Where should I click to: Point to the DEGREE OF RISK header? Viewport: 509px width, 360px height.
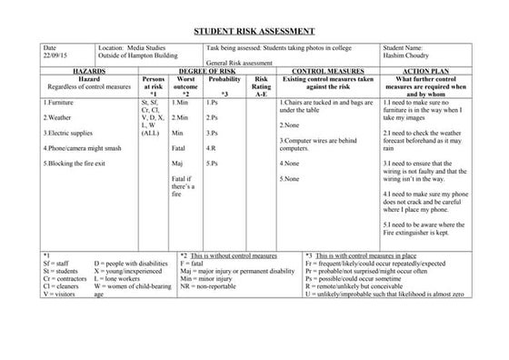pyautogui.click(x=219, y=69)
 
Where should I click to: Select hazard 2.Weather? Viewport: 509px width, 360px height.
pyautogui.click(x=57, y=118)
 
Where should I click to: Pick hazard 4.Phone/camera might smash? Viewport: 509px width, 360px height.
pyautogui.click(x=83, y=147)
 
